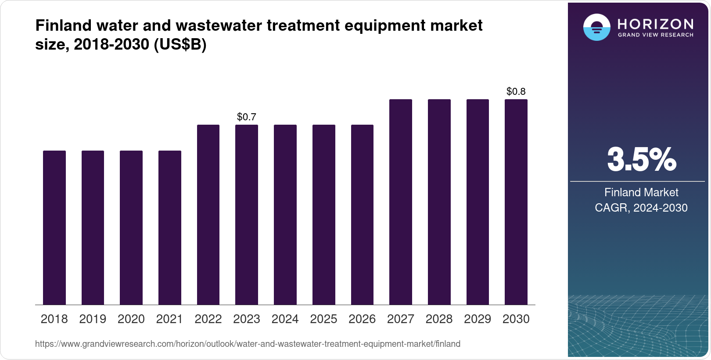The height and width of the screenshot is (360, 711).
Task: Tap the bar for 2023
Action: pyautogui.click(x=247, y=215)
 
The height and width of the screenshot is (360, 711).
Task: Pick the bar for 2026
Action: pyautogui.click(x=362, y=215)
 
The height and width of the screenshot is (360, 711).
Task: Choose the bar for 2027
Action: pyautogui.click(x=401, y=202)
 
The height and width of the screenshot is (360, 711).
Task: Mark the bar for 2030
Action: pyautogui.click(x=516, y=202)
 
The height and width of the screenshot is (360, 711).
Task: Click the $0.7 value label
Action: pyautogui.click(x=247, y=117)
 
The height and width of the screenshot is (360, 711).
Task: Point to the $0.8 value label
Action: pyautogui.click(x=516, y=91)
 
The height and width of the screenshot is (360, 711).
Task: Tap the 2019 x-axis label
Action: pyautogui.click(x=93, y=319)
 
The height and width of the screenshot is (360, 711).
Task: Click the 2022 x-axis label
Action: pyautogui.click(x=208, y=319)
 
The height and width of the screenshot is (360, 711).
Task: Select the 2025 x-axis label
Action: pyautogui.click(x=323, y=319)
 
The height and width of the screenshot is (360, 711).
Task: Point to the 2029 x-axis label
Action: pyautogui.click(x=478, y=319)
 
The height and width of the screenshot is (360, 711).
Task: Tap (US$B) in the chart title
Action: pyautogui.click(x=180, y=45)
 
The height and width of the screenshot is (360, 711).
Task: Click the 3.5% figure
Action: pyautogui.click(x=641, y=160)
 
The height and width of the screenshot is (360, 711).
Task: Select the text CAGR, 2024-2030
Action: pyautogui.click(x=641, y=208)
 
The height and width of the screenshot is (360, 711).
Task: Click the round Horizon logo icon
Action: pyautogui.click(x=596, y=27)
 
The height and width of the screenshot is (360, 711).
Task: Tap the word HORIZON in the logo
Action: pyautogui.click(x=656, y=24)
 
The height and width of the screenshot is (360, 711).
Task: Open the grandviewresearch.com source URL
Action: pyautogui.click(x=248, y=344)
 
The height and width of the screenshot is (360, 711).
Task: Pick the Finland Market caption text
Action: pyautogui.click(x=641, y=192)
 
